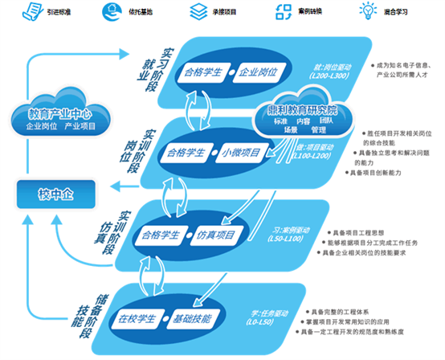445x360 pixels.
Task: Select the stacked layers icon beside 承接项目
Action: [196, 12]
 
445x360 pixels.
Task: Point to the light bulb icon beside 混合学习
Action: [369, 12]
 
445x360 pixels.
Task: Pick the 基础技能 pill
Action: [192, 318]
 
